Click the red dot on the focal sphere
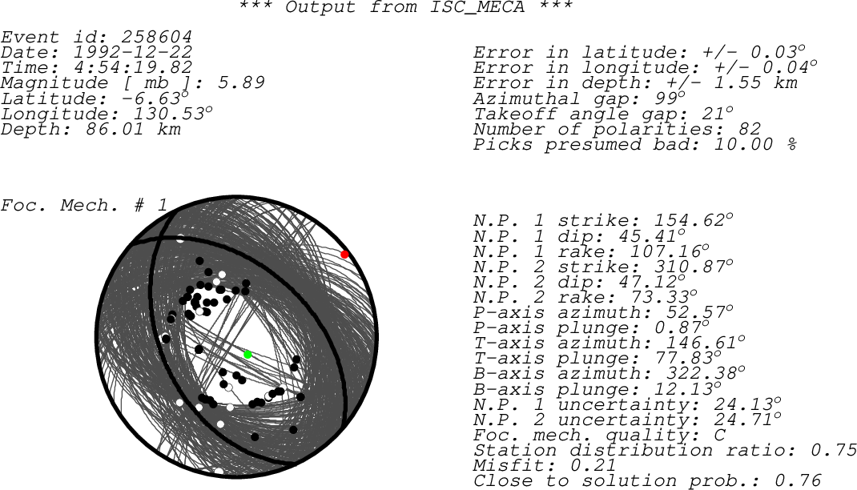(x=344, y=255)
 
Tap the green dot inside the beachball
(x=247, y=355)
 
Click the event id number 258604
(x=157, y=37)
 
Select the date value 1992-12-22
(x=133, y=52)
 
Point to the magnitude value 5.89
(x=241, y=83)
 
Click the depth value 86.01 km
(x=134, y=129)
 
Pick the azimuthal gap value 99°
(x=670, y=98)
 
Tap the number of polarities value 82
(x=749, y=129)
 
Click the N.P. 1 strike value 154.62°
(x=694, y=220)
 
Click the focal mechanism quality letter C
(x=720, y=435)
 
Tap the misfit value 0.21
(x=593, y=465)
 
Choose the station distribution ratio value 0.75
(x=834, y=450)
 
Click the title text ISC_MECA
(x=477, y=7)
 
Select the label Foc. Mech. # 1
(x=83, y=206)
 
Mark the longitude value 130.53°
(x=173, y=114)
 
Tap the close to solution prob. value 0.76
(x=798, y=480)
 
